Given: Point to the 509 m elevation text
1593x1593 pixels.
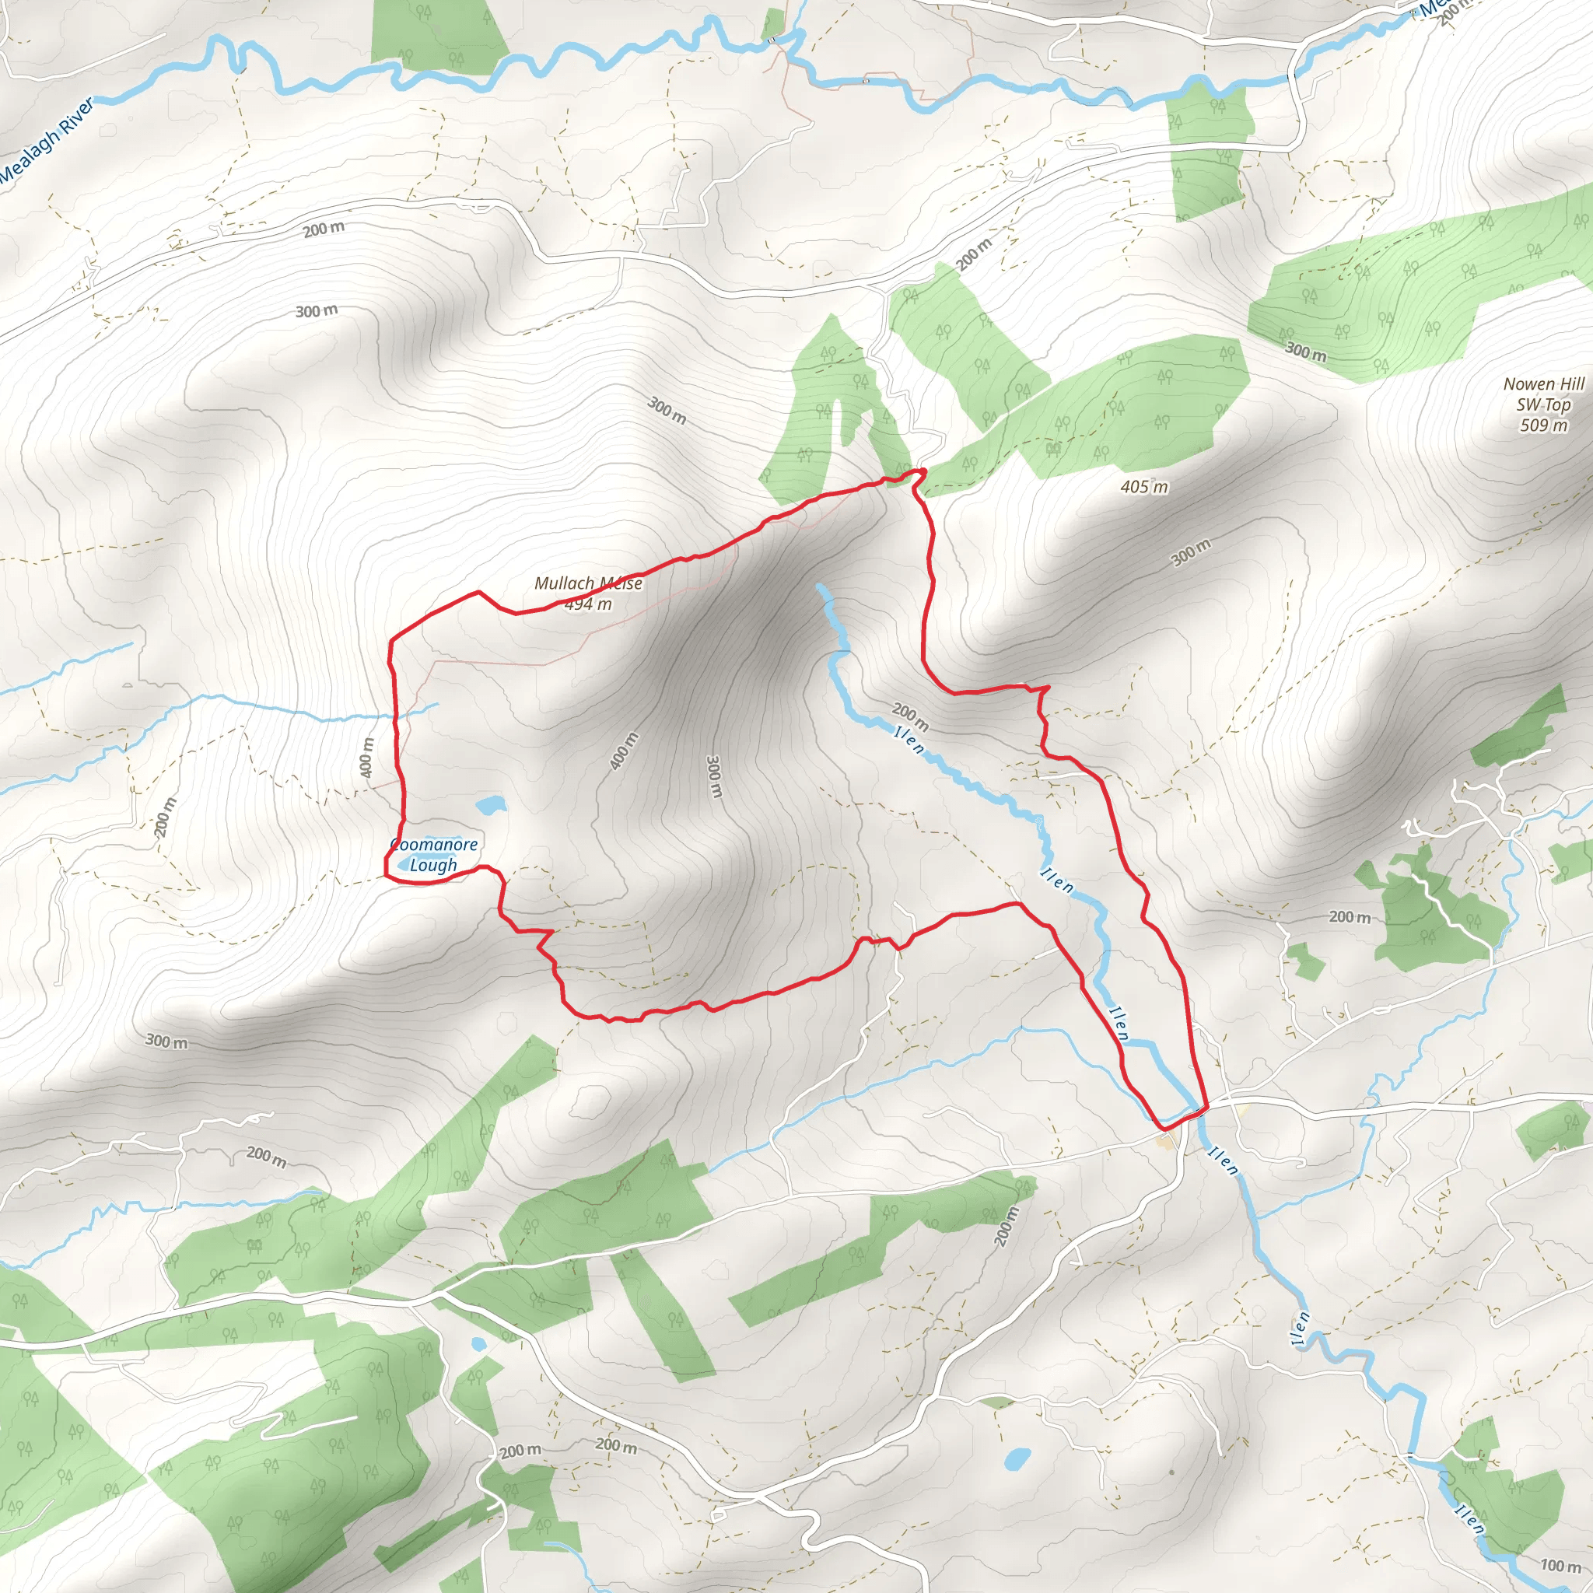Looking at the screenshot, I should tap(1543, 425).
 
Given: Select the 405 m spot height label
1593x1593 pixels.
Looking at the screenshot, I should tap(1143, 486).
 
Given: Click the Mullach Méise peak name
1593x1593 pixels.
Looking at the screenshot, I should tap(588, 583).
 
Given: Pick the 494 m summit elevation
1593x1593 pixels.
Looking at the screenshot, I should tap(589, 604).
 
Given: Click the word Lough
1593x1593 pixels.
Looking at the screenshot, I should tap(433, 865).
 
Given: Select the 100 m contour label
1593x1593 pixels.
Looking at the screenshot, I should tap(1560, 1565).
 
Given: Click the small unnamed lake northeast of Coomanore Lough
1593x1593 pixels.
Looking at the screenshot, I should tap(490, 804).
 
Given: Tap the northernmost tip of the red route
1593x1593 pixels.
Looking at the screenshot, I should tap(921, 470).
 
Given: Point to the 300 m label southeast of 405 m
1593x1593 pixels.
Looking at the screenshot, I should tap(1191, 552).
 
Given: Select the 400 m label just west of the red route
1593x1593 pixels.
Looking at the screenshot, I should tap(368, 756).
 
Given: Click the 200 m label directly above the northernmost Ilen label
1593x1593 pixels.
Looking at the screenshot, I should tap(910, 716).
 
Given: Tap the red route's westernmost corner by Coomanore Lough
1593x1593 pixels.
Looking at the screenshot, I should tap(386, 876).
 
